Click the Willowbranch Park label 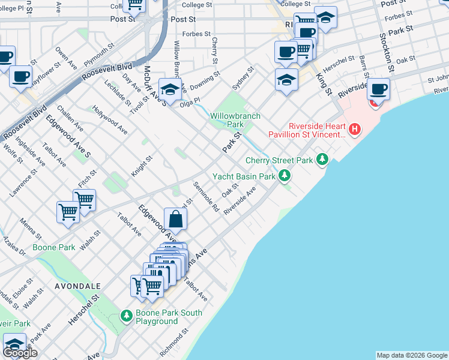[x=226, y=120]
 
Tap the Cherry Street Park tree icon [x=323, y=159]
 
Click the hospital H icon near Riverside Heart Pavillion [x=355, y=128]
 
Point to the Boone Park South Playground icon [x=126, y=315]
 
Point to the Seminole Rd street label [x=206, y=197]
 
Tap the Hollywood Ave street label [x=110, y=119]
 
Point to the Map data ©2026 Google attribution [x=412, y=355]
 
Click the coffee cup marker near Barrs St [x=378, y=90]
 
